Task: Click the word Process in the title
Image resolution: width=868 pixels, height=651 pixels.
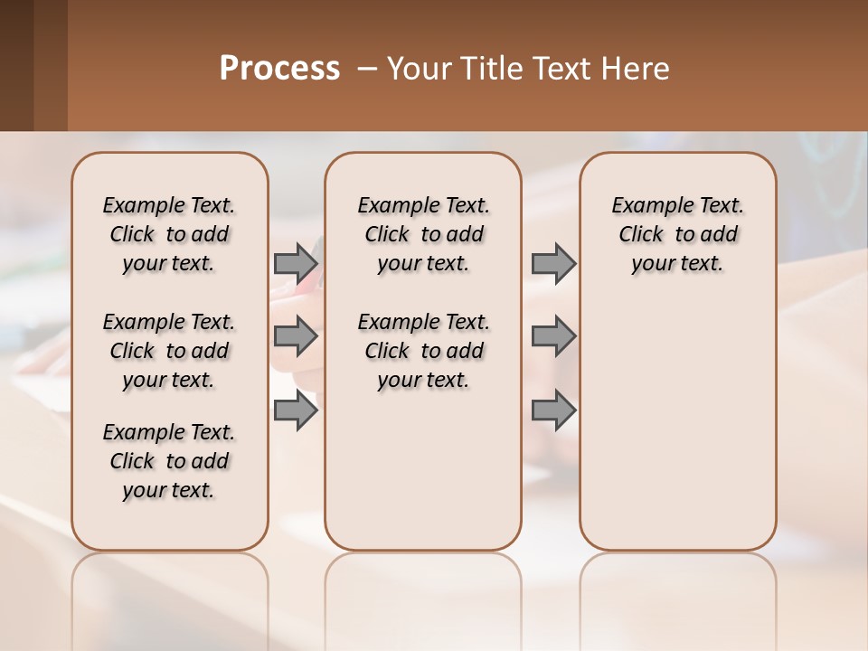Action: coord(279,69)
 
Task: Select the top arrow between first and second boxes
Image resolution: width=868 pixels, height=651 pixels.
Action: coord(296,264)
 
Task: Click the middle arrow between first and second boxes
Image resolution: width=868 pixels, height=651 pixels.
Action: coord(296,337)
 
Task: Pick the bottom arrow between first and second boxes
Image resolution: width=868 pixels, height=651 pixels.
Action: coord(296,411)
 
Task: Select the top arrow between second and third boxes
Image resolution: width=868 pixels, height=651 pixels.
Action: coord(553,264)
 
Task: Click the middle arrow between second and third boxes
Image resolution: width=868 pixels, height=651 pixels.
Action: coord(553,337)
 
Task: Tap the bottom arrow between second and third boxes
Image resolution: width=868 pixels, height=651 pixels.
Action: coord(553,411)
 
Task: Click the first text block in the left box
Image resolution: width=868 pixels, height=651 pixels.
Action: coord(169,234)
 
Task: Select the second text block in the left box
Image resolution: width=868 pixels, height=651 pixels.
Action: coord(169,351)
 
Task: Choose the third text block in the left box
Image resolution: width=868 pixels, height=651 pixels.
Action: coord(169,461)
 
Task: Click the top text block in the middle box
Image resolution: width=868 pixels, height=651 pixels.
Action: coord(423,234)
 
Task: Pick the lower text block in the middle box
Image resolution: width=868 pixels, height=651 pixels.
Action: coord(423,351)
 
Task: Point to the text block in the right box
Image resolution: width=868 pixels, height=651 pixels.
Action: coord(677,234)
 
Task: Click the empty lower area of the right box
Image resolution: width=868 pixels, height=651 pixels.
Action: coord(677,434)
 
